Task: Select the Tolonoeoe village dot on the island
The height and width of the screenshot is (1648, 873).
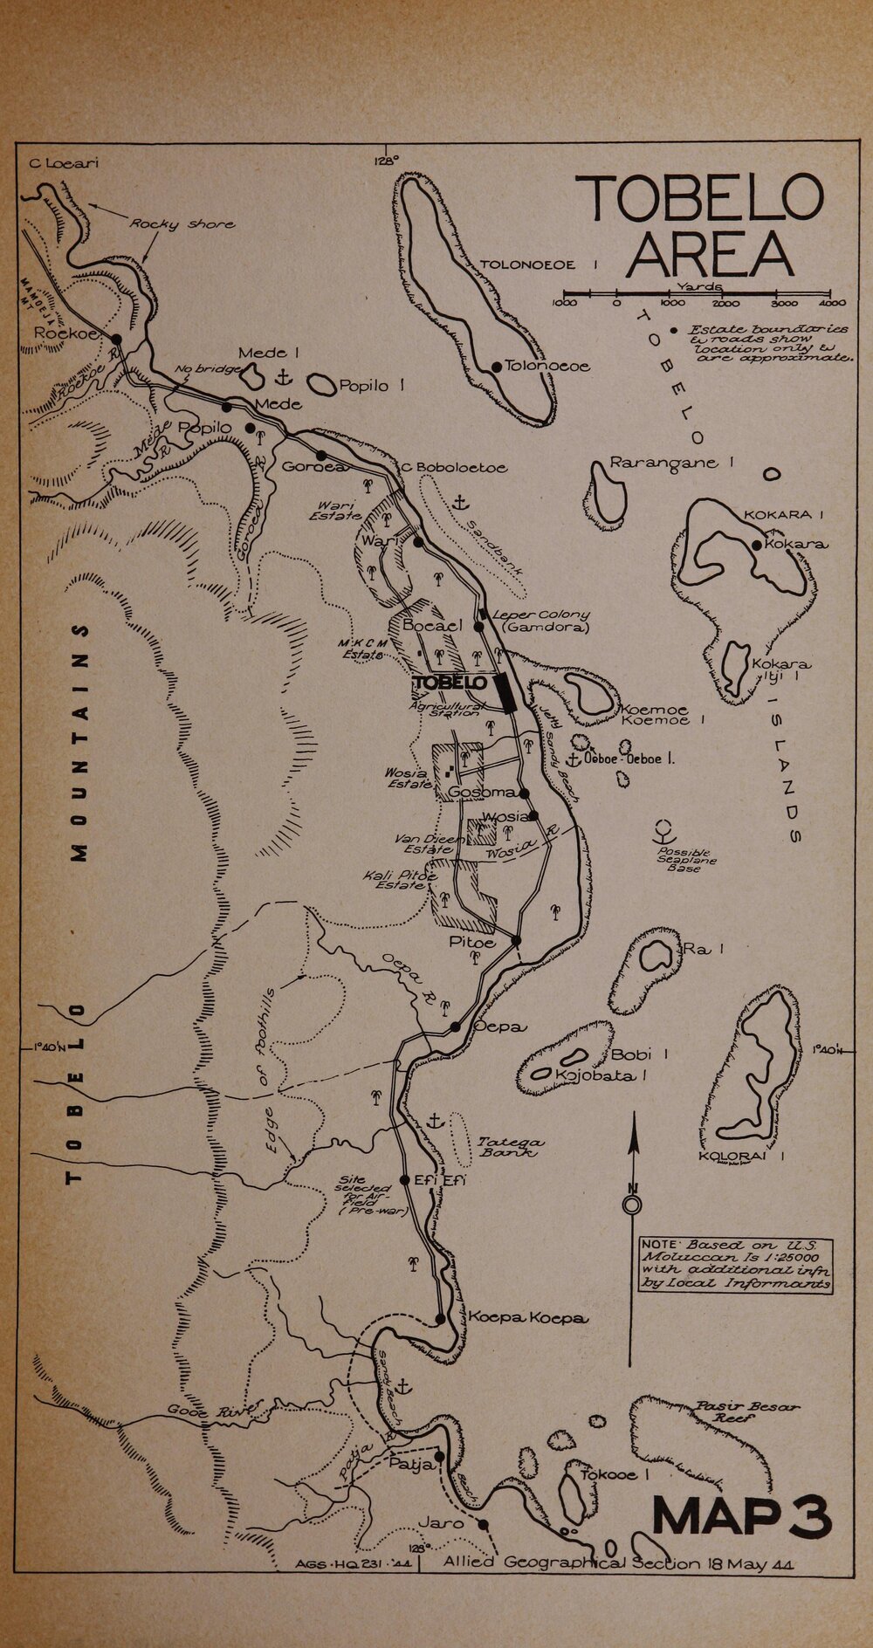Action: tap(496, 367)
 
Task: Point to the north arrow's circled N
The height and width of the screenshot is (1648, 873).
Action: tap(631, 1206)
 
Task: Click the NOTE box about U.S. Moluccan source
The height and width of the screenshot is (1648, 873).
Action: tap(735, 1265)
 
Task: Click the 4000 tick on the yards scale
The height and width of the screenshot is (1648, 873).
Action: tap(833, 303)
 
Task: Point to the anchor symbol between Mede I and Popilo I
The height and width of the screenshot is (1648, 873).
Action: tap(283, 377)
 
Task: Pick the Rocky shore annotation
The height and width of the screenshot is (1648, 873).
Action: tap(182, 224)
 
